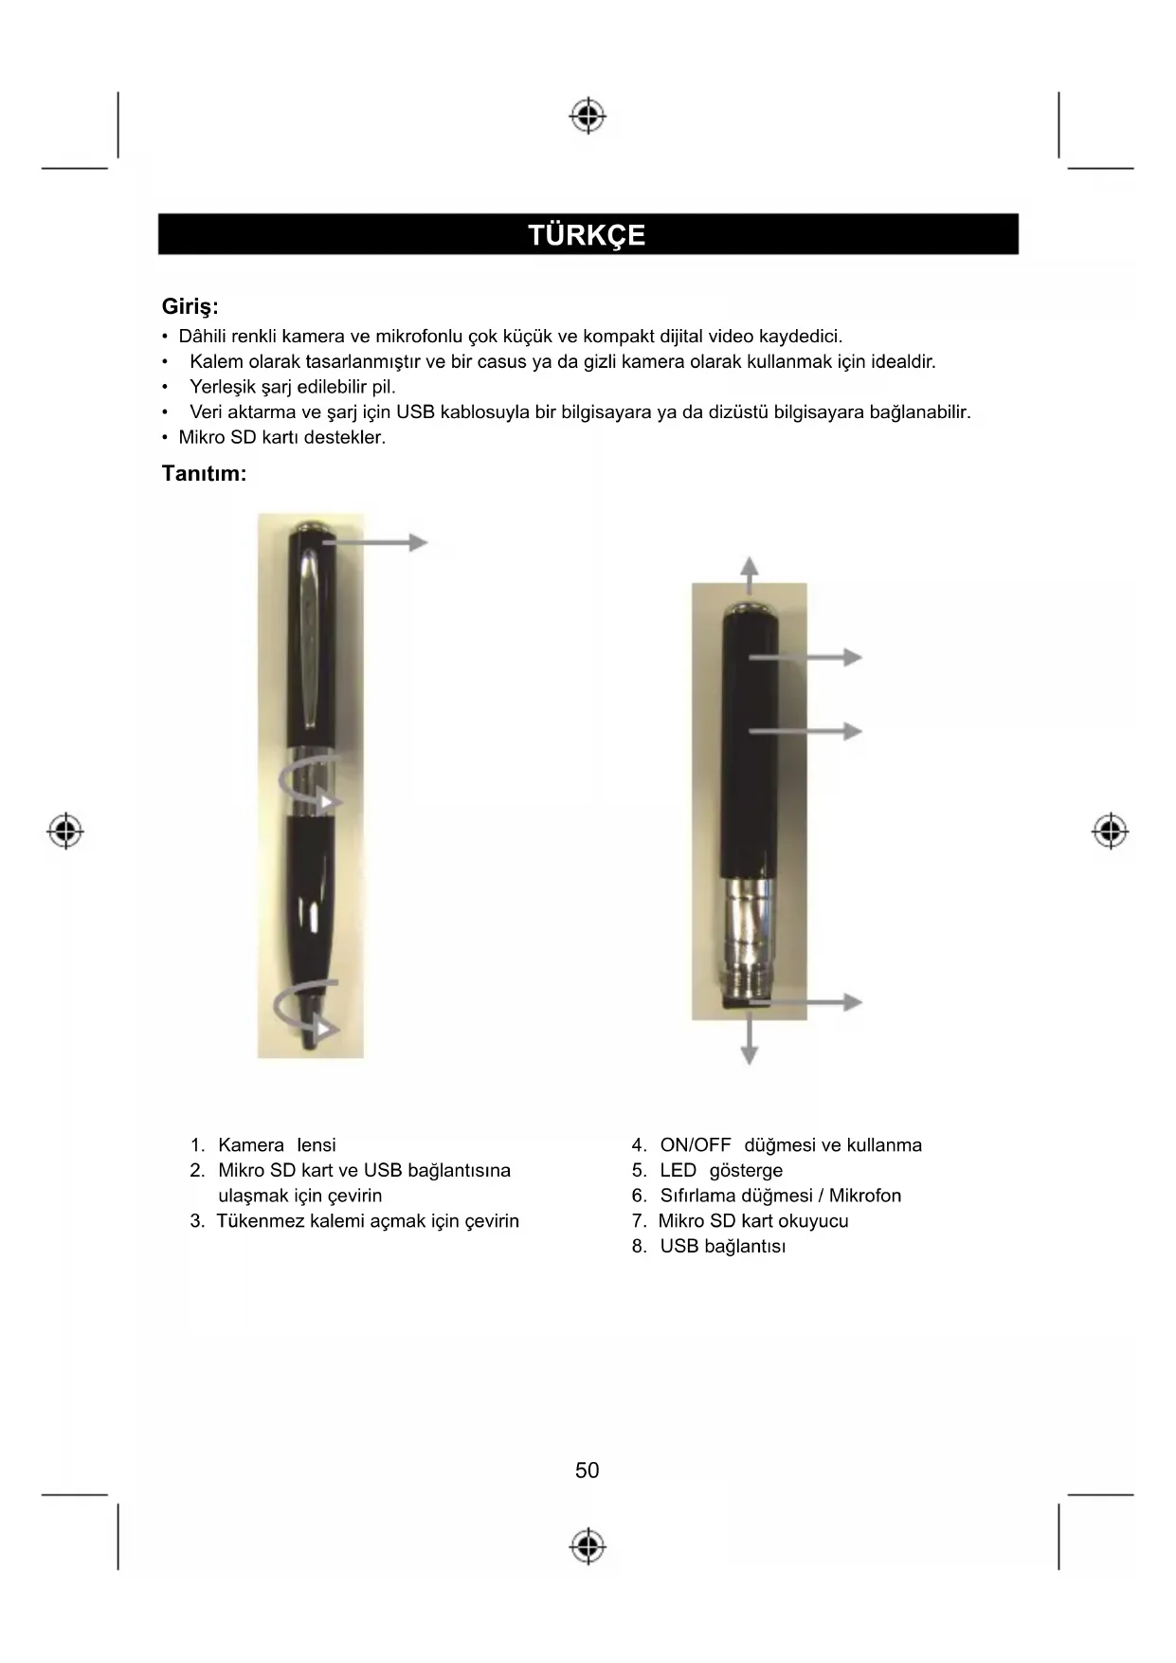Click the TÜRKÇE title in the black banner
587,235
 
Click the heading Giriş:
190,307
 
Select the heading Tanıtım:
204,473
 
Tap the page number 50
587,1471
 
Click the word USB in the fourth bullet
414,412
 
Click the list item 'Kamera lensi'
276,1145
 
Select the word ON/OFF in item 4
696,1145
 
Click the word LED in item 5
678,1171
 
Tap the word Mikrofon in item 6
864,1196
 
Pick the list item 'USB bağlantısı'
722,1247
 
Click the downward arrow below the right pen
749,1042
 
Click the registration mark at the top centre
588,116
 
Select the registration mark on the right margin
1110,831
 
